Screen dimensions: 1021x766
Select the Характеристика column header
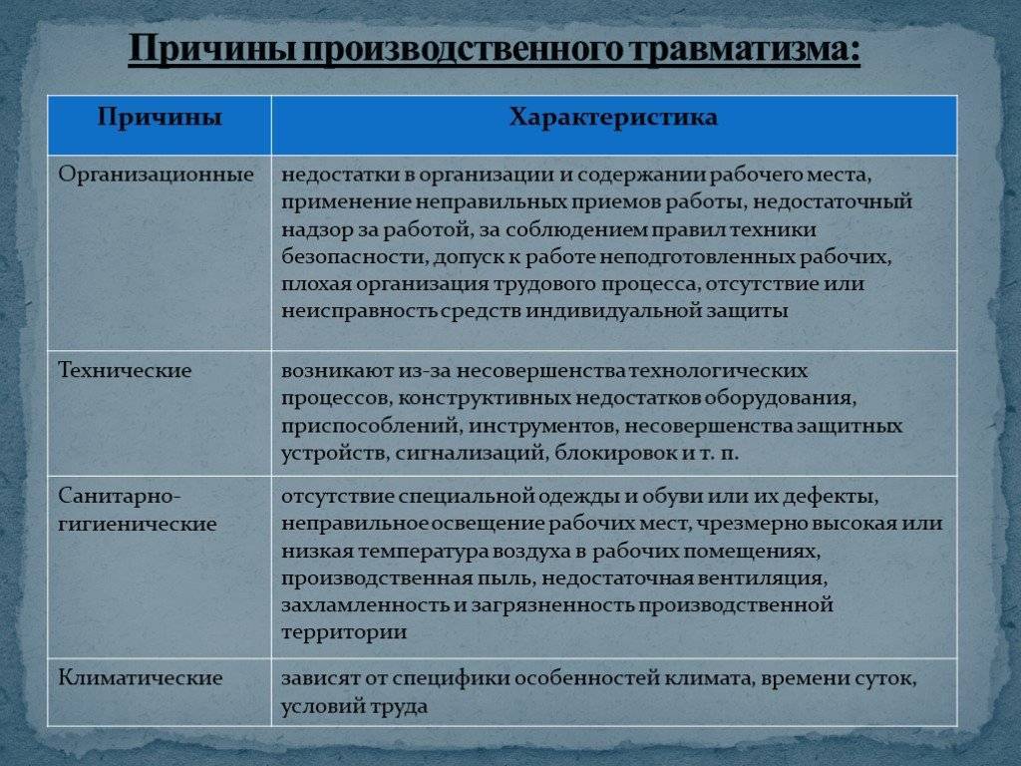[613, 118]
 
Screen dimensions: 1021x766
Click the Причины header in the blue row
[160, 118]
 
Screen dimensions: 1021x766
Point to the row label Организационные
[156, 176]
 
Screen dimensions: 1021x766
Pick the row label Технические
[125, 371]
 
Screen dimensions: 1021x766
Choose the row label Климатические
[141, 678]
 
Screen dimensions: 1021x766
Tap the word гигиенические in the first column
[138, 525]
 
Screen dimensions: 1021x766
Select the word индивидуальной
[602, 311]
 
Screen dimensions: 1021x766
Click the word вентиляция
[762, 578]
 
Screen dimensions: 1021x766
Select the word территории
[344, 633]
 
